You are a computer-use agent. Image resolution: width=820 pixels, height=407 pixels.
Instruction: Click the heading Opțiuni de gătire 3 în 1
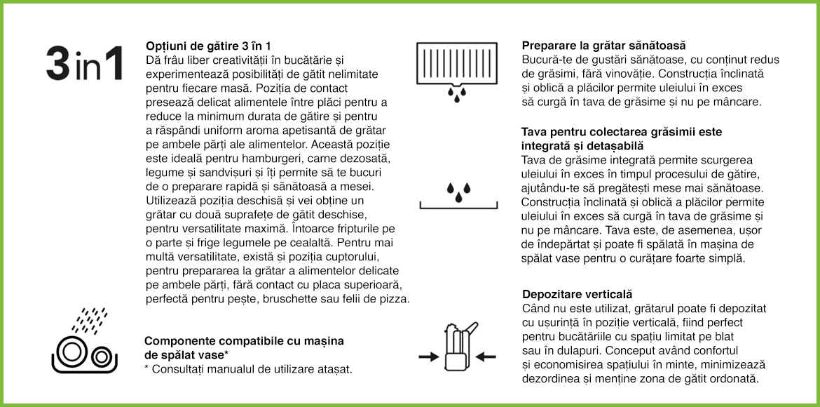207,46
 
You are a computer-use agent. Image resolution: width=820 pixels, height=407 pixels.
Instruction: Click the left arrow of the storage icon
428,356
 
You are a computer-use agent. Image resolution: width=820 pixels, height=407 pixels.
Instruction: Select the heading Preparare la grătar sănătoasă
603,46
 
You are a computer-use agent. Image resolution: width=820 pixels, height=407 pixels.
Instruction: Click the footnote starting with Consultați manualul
252,369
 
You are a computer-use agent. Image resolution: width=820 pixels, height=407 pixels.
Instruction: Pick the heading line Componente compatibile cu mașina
244,341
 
